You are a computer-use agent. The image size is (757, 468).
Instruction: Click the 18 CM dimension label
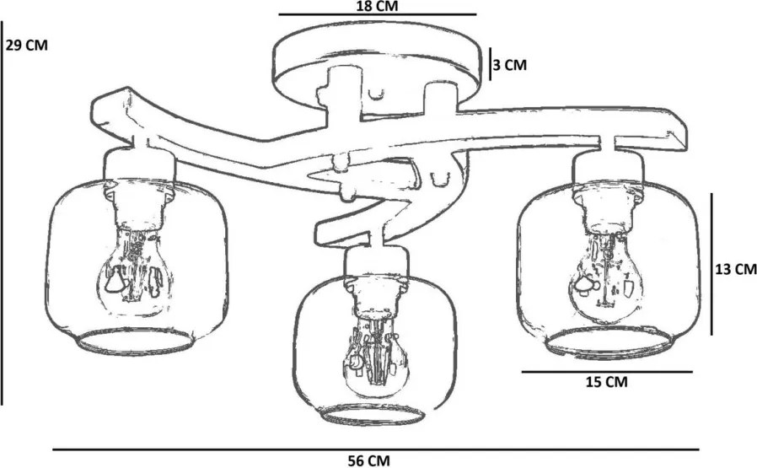tap(377, 6)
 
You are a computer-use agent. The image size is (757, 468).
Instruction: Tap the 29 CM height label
tap(26, 46)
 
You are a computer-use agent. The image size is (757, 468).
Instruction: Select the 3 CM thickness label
tap(510, 65)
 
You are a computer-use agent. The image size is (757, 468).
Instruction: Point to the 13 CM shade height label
tap(736, 270)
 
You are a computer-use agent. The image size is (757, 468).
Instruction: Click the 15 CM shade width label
tap(607, 382)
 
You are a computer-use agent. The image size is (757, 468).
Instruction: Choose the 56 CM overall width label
tap(369, 460)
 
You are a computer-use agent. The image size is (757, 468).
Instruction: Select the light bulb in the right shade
tap(606, 277)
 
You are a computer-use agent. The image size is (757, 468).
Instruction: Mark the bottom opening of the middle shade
tap(372, 416)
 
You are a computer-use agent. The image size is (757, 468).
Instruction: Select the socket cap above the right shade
tap(609, 169)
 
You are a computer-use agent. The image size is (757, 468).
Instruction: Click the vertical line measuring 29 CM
tap(2, 212)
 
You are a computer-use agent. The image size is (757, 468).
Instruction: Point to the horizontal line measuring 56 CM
tap(376, 449)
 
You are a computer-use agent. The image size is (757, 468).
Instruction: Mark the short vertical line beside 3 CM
tap(490, 64)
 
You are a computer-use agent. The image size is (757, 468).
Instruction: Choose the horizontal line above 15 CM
tap(607, 372)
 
